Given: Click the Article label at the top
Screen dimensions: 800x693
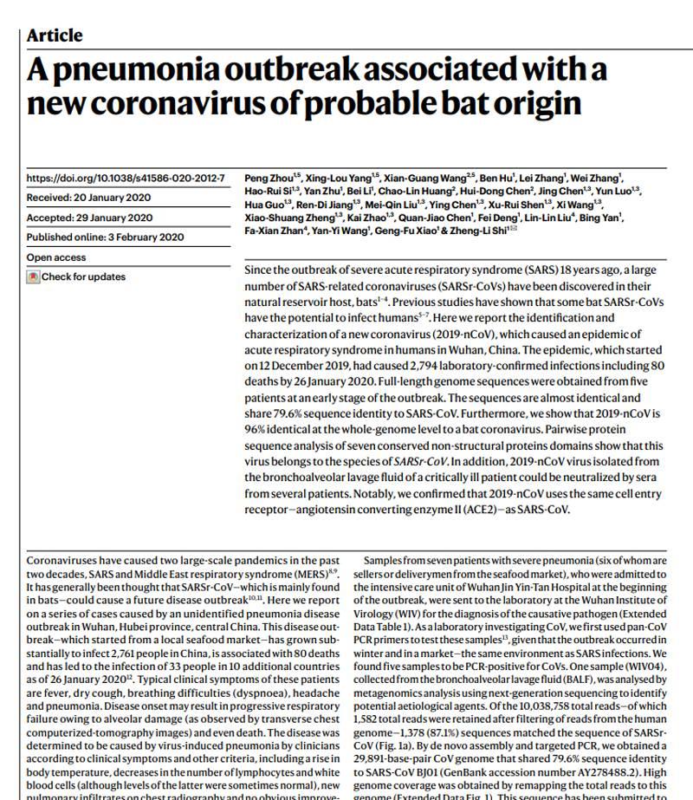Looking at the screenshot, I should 55,36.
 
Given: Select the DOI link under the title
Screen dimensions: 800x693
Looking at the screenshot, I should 126,179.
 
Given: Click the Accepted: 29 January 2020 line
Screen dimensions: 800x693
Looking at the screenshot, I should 89,218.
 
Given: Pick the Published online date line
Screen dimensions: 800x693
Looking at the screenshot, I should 105,237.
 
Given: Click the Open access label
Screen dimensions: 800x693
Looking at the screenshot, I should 57,257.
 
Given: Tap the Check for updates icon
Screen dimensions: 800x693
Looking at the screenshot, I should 34,277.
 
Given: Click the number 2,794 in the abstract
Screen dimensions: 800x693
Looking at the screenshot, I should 398,366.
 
